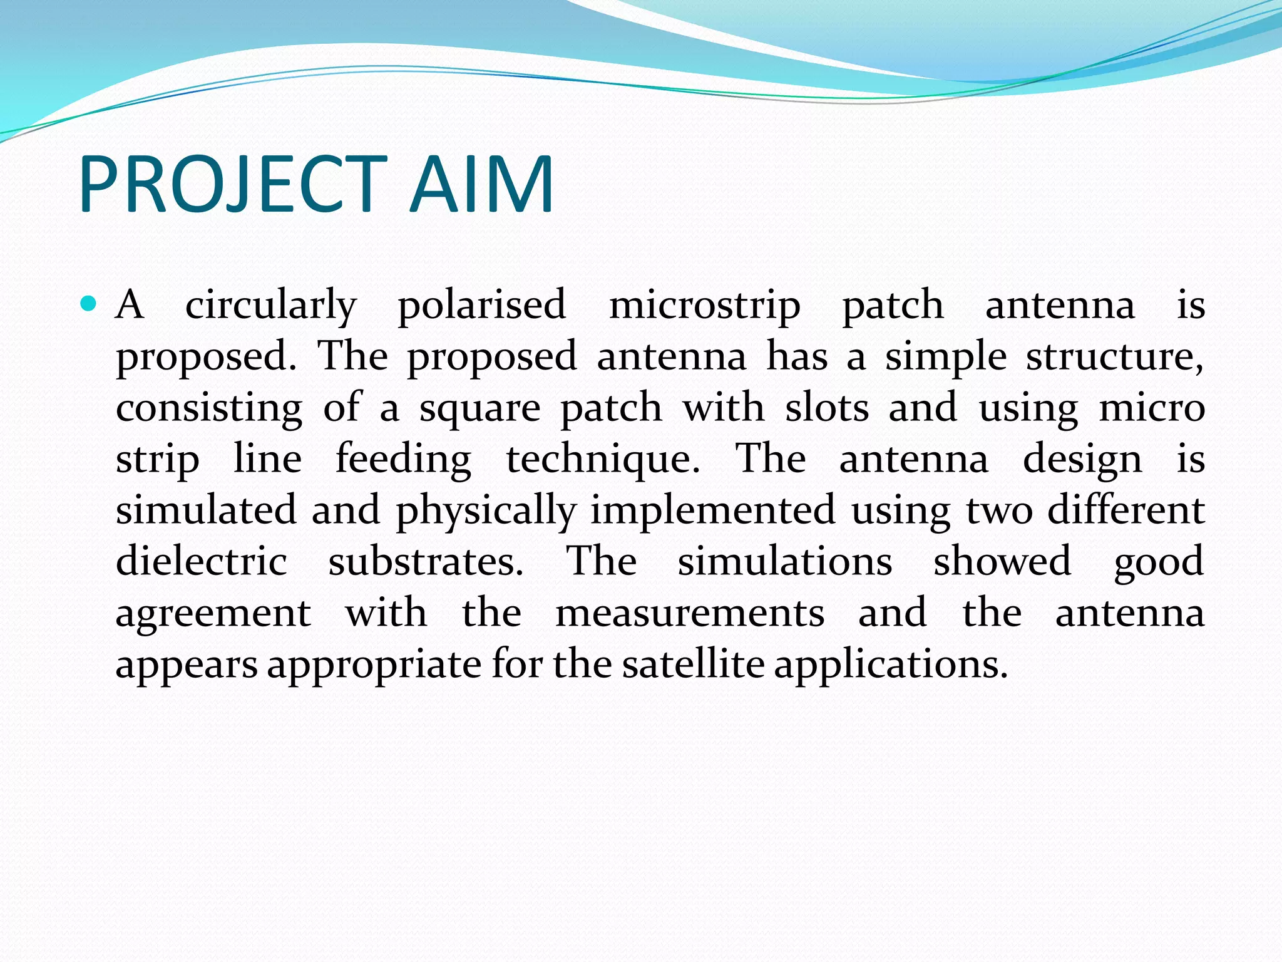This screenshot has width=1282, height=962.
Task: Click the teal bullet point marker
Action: click(x=89, y=305)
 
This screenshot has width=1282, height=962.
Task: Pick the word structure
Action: click(x=1114, y=358)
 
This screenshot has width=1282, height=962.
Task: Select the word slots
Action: click(x=827, y=408)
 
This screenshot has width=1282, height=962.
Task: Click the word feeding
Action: click(x=403, y=460)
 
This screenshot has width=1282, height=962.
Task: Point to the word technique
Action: click(x=602, y=460)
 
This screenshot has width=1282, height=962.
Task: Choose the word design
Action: click(x=1082, y=460)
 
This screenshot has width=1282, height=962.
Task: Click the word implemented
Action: click(x=712, y=512)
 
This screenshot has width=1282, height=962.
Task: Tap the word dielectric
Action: click(x=202, y=561)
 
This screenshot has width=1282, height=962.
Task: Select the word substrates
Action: click(x=425, y=561)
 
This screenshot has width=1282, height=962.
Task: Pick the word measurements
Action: click(x=690, y=613)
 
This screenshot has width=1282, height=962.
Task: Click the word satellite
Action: click(x=693, y=664)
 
